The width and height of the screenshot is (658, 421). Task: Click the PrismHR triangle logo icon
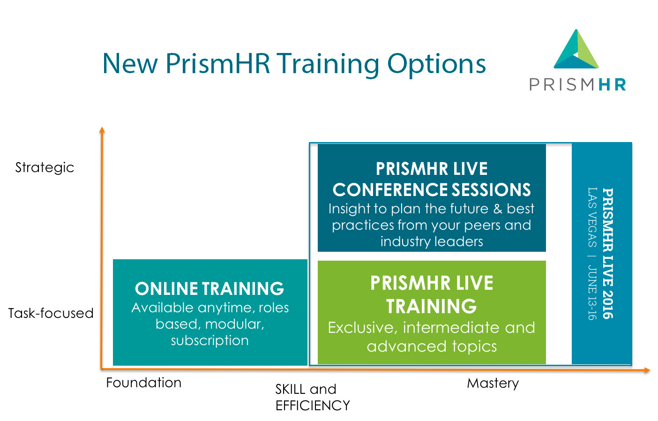pyautogui.click(x=576, y=49)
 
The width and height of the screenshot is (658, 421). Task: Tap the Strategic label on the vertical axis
pyautogui.click(x=45, y=168)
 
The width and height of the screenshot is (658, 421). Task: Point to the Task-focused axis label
pyautogui.click(x=51, y=313)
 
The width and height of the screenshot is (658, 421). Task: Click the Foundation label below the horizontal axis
pyautogui.click(x=143, y=383)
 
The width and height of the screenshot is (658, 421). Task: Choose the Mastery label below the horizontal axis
pyautogui.click(x=493, y=383)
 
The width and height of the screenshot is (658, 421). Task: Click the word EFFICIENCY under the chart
pyautogui.click(x=313, y=406)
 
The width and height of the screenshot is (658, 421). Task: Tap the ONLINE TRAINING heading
pyautogui.click(x=209, y=288)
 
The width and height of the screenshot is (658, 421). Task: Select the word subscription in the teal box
pyautogui.click(x=210, y=341)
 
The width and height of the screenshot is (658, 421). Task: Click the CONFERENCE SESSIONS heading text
pyautogui.click(x=432, y=189)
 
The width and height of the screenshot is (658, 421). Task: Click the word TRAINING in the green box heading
pyautogui.click(x=431, y=307)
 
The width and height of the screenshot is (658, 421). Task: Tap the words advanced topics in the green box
pyautogui.click(x=432, y=346)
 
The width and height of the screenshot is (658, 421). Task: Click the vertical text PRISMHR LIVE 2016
pyautogui.click(x=607, y=253)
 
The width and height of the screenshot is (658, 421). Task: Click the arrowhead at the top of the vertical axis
pyautogui.click(x=102, y=130)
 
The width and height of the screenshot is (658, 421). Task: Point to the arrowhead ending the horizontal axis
pyautogui.click(x=647, y=370)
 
